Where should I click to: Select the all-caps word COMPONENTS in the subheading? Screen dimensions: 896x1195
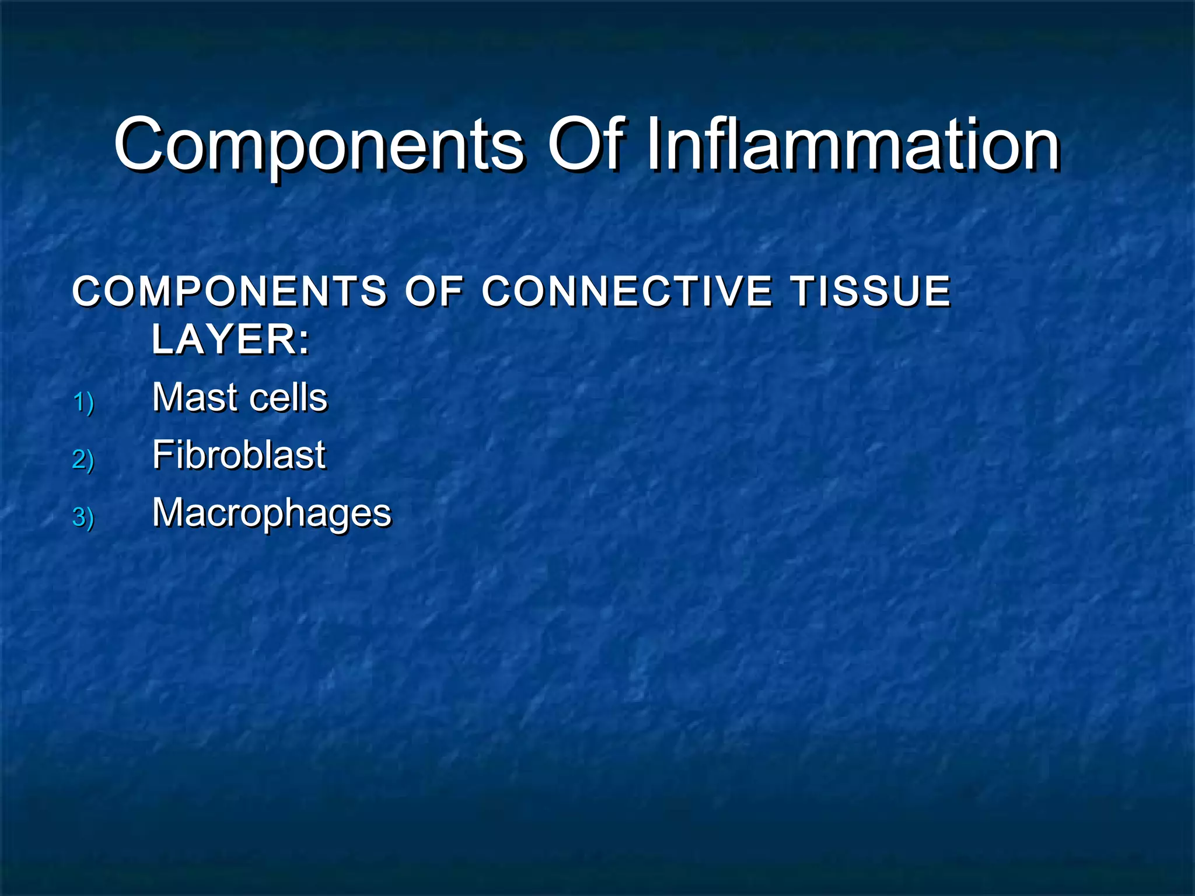pyautogui.click(x=229, y=291)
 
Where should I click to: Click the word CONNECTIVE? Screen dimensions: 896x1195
pyautogui.click(x=627, y=291)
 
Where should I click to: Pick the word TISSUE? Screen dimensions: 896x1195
pyautogui.click(x=871, y=291)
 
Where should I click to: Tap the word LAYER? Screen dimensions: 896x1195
pyautogui.click(x=225, y=339)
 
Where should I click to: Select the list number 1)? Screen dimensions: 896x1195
pyautogui.click(x=83, y=402)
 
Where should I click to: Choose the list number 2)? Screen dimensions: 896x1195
pyautogui.click(x=83, y=460)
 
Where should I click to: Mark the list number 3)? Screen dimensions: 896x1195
pyautogui.click(x=83, y=517)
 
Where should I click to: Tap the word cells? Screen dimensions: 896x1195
pyautogui.click(x=288, y=398)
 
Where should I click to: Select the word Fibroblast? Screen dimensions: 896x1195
pyautogui.click(x=239, y=455)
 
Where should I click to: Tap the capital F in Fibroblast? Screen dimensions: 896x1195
pyautogui.click(x=163, y=455)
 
